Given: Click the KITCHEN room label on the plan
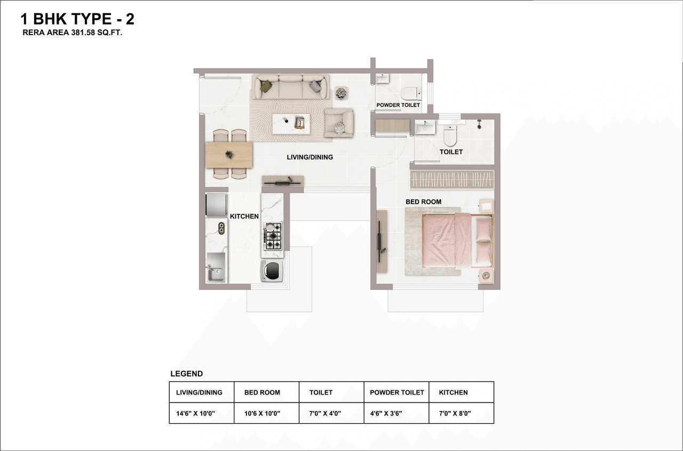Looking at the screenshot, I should (x=244, y=216).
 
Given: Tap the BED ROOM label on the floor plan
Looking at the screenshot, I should (x=423, y=202).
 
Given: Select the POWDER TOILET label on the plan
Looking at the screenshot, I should (x=398, y=105).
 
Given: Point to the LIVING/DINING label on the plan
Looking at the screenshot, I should (x=309, y=157).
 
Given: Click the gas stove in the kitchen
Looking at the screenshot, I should (x=273, y=236).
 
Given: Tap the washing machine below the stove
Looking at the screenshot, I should (x=272, y=271).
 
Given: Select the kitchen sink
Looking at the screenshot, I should (x=216, y=273).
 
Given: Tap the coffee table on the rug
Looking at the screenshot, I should (x=291, y=124).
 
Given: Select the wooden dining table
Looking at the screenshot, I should (x=229, y=155).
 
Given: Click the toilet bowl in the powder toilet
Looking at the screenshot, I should (x=411, y=94).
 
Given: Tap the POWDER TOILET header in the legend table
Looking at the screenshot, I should (x=396, y=392).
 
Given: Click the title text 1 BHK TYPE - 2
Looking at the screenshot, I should (x=77, y=20).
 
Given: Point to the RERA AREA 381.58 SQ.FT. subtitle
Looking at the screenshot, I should (x=77, y=33).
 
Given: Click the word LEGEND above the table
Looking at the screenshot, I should (x=186, y=374).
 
